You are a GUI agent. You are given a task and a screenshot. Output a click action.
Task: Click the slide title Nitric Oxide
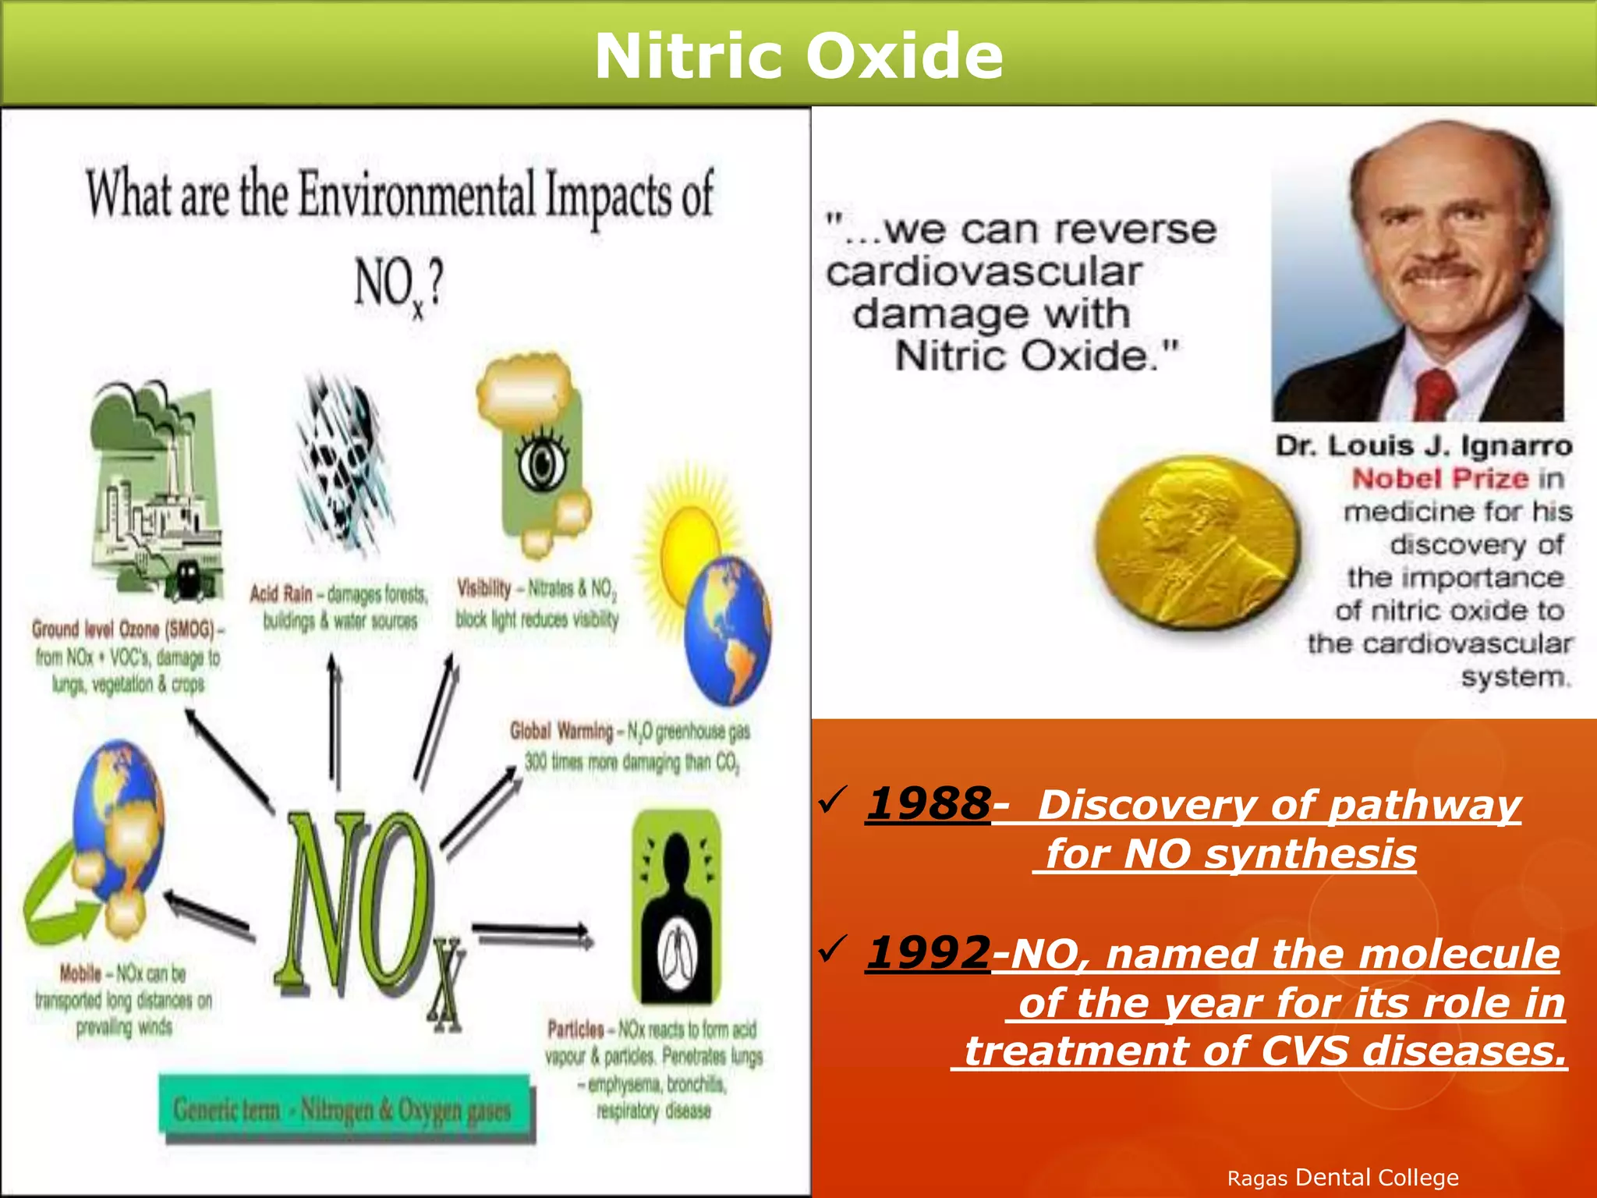pyautogui.click(x=798, y=56)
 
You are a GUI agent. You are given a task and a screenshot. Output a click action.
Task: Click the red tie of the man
pyautogui.click(x=1433, y=394)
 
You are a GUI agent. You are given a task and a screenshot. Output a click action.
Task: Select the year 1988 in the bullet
pyautogui.click(x=928, y=803)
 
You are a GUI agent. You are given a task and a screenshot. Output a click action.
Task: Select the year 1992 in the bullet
pyautogui.click(x=928, y=953)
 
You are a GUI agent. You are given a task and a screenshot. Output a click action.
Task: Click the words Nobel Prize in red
pyautogui.click(x=1439, y=478)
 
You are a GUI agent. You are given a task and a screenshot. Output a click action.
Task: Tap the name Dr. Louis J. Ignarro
pyautogui.click(x=1423, y=445)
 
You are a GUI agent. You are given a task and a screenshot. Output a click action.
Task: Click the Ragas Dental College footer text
pyautogui.click(x=1342, y=1178)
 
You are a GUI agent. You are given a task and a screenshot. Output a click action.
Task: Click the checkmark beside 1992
pyautogui.click(x=833, y=949)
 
